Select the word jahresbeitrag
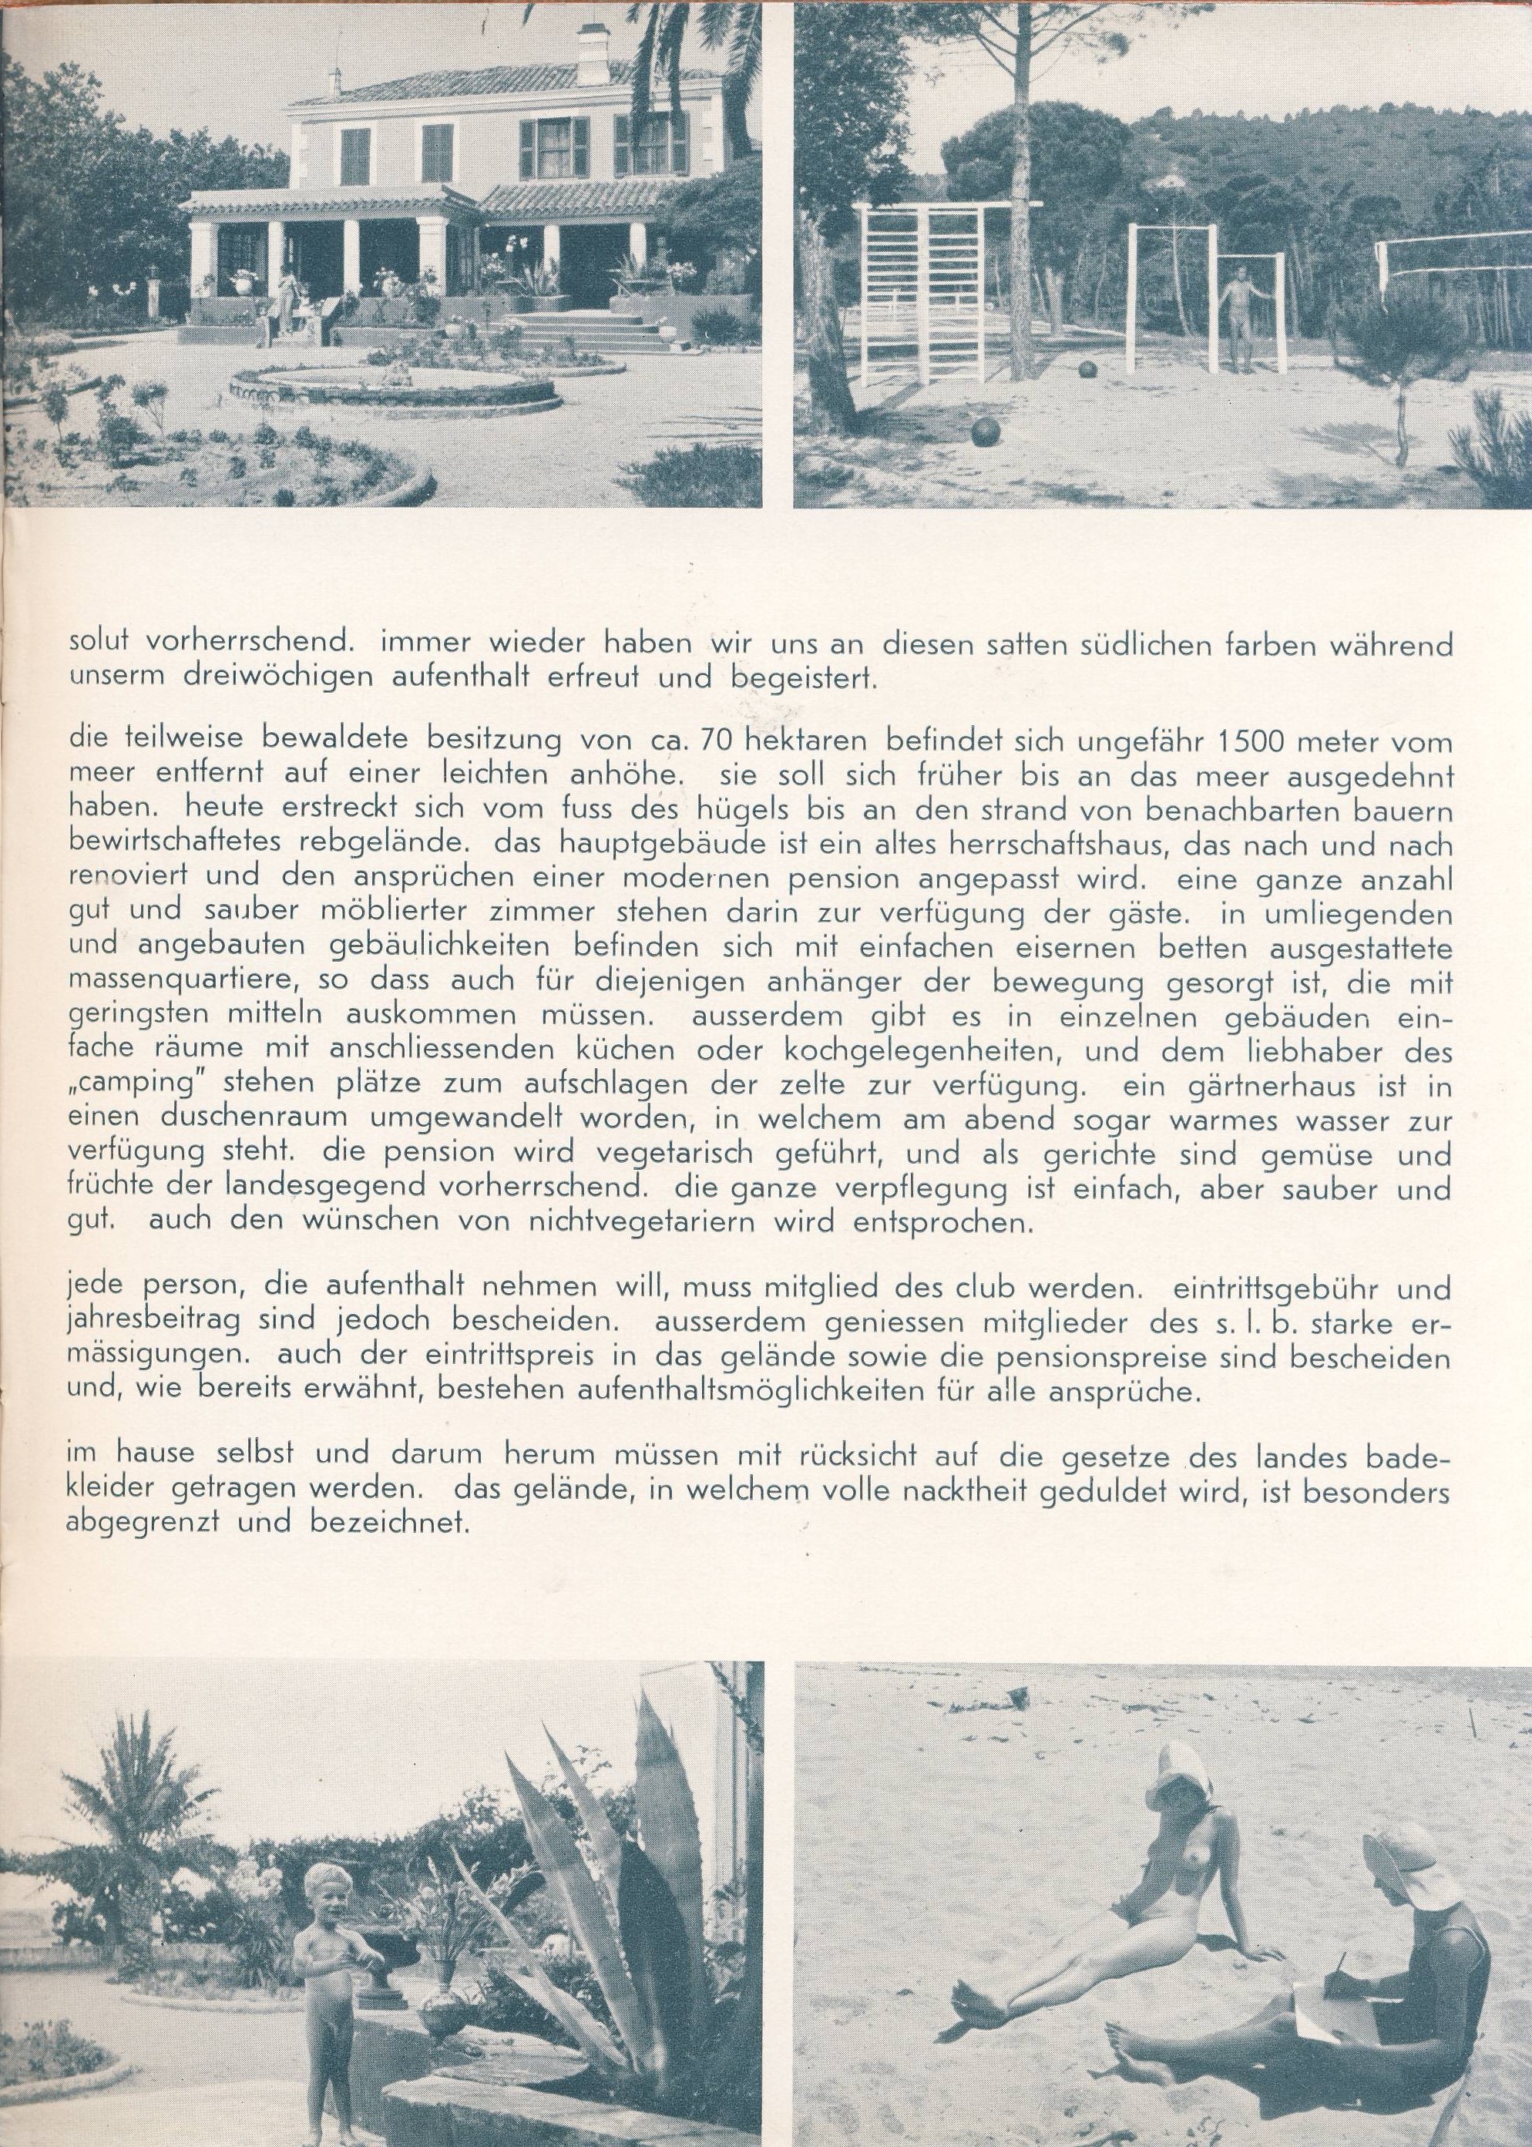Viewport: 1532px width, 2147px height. click(160, 1325)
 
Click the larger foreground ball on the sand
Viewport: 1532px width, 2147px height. click(983, 434)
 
